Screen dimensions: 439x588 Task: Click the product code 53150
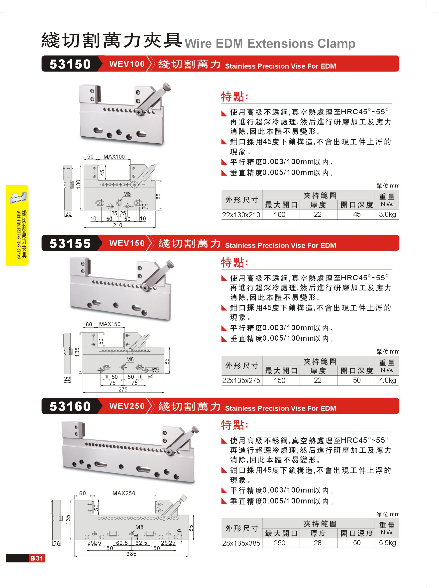pyautogui.click(x=70, y=64)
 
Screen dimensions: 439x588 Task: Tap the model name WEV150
pyautogui.click(x=127, y=243)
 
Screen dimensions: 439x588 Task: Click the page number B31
pyautogui.click(x=37, y=558)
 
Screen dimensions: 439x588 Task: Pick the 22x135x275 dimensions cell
pyautogui.click(x=241, y=380)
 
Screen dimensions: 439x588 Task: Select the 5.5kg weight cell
pyautogui.click(x=387, y=543)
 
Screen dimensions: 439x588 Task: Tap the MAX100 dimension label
pyautogui.click(x=114, y=157)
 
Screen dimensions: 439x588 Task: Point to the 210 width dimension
pyautogui.click(x=117, y=225)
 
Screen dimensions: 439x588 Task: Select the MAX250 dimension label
pyautogui.click(x=124, y=493)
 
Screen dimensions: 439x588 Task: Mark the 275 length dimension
pyautogui.click(x=123, y=389)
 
